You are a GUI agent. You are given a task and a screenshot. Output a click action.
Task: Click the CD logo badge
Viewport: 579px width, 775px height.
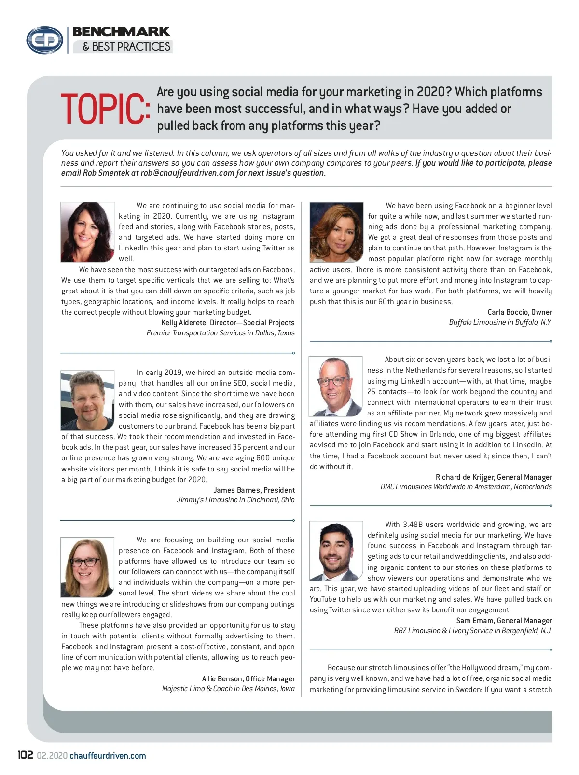click(44, 40)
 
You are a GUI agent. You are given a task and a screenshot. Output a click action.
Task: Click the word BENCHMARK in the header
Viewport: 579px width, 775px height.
click(121, 32)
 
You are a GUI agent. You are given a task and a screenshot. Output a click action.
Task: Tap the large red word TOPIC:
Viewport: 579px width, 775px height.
click(105, 109)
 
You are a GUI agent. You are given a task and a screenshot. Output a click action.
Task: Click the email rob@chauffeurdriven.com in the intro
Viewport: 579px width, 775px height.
click(187, 173)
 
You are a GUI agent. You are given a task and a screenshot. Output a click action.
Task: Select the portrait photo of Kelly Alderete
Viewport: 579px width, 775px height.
click(87, 232)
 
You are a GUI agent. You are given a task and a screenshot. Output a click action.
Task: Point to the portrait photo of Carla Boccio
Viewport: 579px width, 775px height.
click(336, 232)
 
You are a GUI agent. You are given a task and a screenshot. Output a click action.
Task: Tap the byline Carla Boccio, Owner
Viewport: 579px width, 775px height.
click(520, 312)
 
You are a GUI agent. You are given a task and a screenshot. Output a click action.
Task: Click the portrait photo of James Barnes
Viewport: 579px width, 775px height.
click(87, 400)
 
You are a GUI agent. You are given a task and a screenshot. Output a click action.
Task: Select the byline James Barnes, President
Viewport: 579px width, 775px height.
click(254, 490)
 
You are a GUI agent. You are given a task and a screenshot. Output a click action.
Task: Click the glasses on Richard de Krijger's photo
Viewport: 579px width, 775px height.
click(333, 381)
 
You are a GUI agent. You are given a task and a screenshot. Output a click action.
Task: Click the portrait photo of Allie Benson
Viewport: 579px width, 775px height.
click(87, 567)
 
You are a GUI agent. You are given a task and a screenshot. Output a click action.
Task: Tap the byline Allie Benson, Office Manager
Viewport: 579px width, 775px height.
click(248, 678)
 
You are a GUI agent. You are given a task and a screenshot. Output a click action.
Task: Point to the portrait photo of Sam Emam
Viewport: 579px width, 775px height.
click(336, 551)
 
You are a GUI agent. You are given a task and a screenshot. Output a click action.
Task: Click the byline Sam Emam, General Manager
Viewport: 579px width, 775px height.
click(504, 620)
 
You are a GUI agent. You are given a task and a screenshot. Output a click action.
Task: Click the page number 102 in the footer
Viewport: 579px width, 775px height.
click(25, 755)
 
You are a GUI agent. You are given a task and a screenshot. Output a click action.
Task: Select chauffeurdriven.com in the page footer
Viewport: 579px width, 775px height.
click(108, 756)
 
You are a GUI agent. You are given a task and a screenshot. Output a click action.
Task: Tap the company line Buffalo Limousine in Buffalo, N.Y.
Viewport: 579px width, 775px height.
click(500, 322)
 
